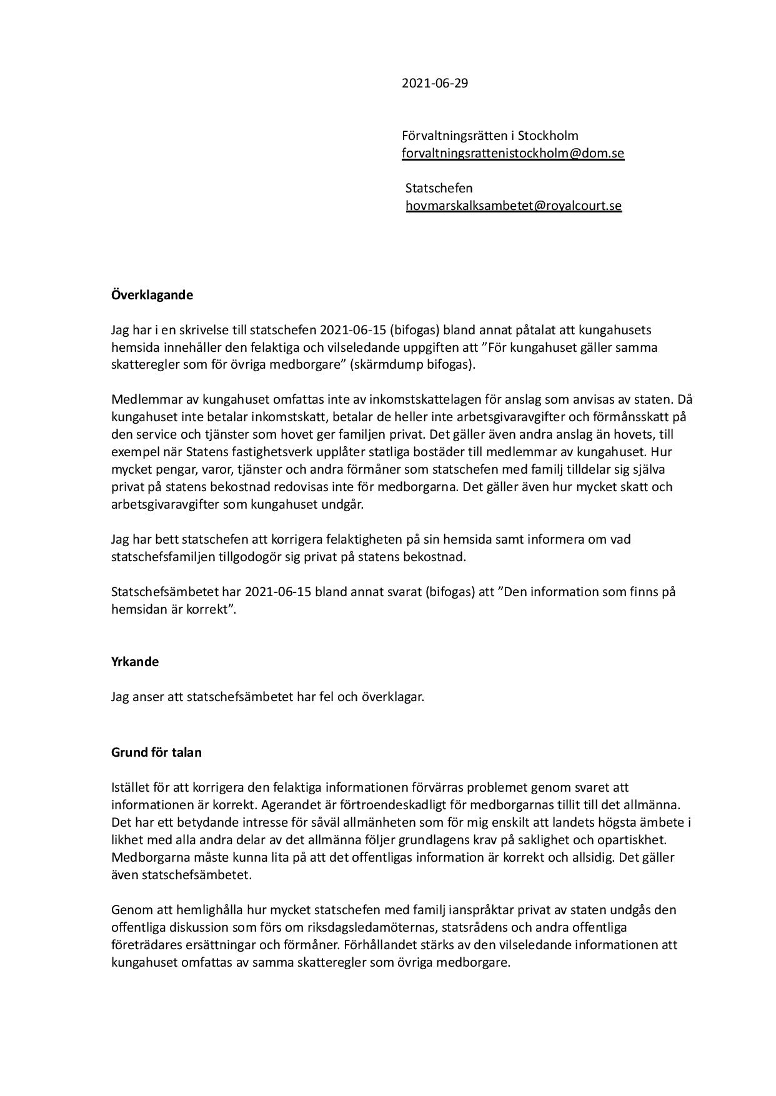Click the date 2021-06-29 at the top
[434, 83]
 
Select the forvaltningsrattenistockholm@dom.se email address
[512, 153]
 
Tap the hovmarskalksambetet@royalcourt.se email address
[514, 206]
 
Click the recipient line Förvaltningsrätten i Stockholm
[490, 136]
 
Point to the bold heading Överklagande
[152, 295]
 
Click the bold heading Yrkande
[135, 662]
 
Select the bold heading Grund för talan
[156, 752]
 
